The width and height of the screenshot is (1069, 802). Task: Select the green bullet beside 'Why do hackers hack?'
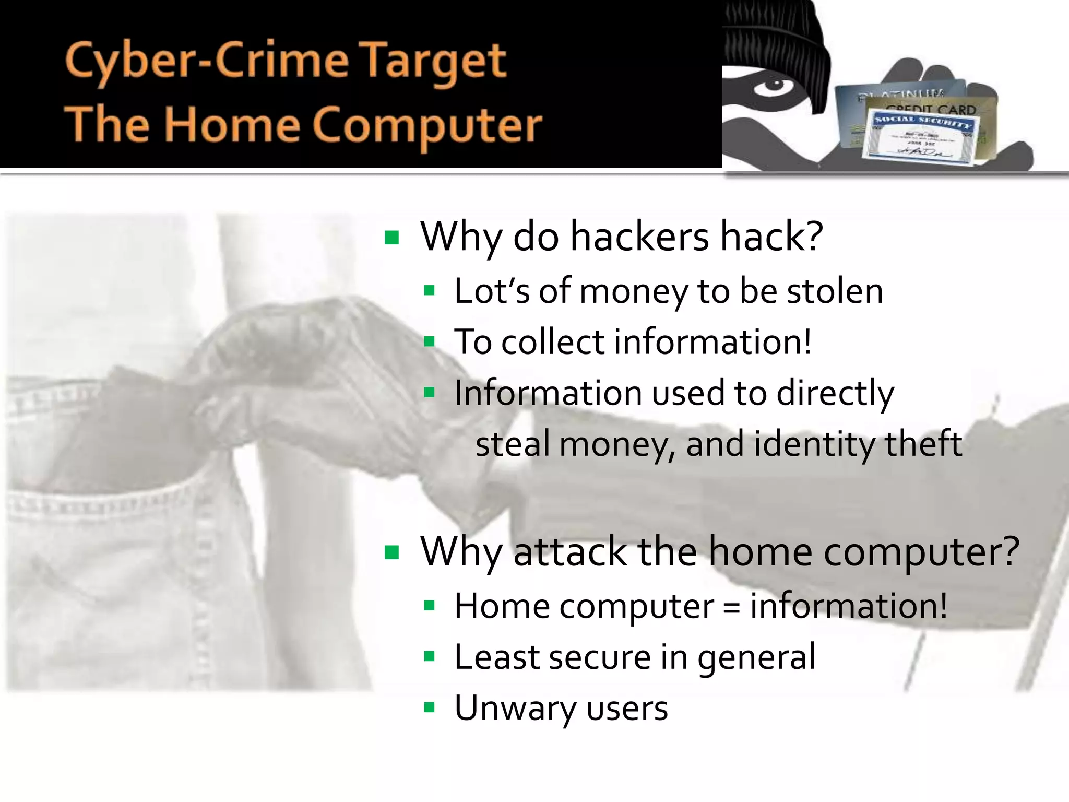[x=391, y=238]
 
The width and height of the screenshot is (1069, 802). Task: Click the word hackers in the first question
[x=639, y=238]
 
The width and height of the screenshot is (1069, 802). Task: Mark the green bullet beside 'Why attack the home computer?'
[x=391, y=552]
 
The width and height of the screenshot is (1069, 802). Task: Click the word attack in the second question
[x=569, y=552]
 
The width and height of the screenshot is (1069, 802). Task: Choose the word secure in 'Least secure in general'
[x=599, y=657]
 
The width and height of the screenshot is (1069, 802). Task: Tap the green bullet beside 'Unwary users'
[x=429, y=708]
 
